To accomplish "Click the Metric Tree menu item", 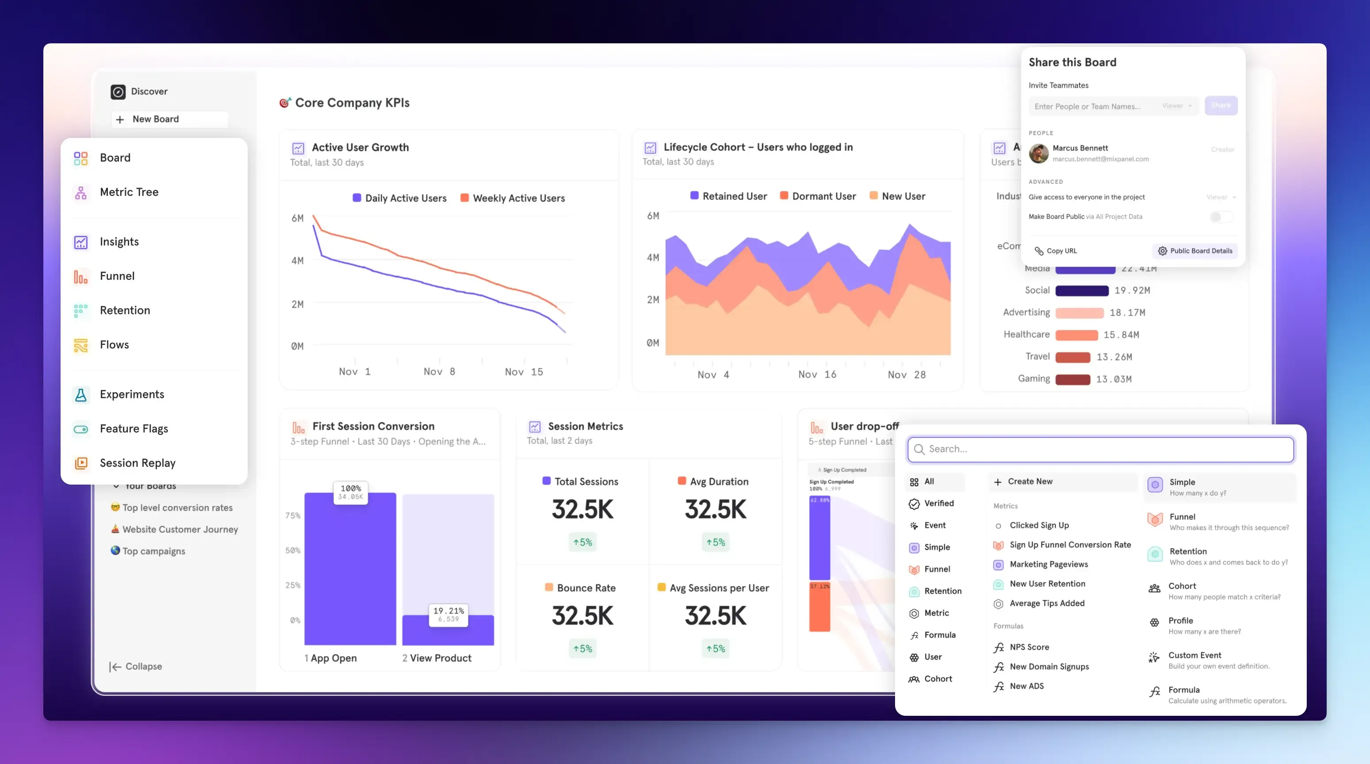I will pyautogui.click(x=129, y=192).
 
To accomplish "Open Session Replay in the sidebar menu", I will pyautogui.click(x=137, y=462).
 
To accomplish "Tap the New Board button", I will pyautogui.click(x=155, y=119).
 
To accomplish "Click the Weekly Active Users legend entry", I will pyautogui.click(x=518, y=199).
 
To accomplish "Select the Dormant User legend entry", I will pyautogui.click(x=823, y=196).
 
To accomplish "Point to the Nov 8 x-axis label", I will pyautogui.click(x=439, y=372).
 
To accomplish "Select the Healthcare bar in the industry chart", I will pyautogui.click(x=1076, y=335).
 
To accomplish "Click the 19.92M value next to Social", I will pyautogui.click(x=1132, y=290).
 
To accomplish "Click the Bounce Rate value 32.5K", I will pyautogui.click(x=582, y=616).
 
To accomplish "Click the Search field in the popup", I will pyautogui.click(x=1101, y=449).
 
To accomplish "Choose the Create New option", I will pyautogui.click(x=1029, y=481).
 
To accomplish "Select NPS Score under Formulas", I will pyautogui.click(x=1029, y=647).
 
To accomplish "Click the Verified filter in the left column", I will pyautogui.click(x=938, y=503).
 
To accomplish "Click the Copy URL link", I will pyautogui.click(x=1061, y=251).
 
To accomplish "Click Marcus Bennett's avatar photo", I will pyautogui.click(x=1038, y=153).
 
